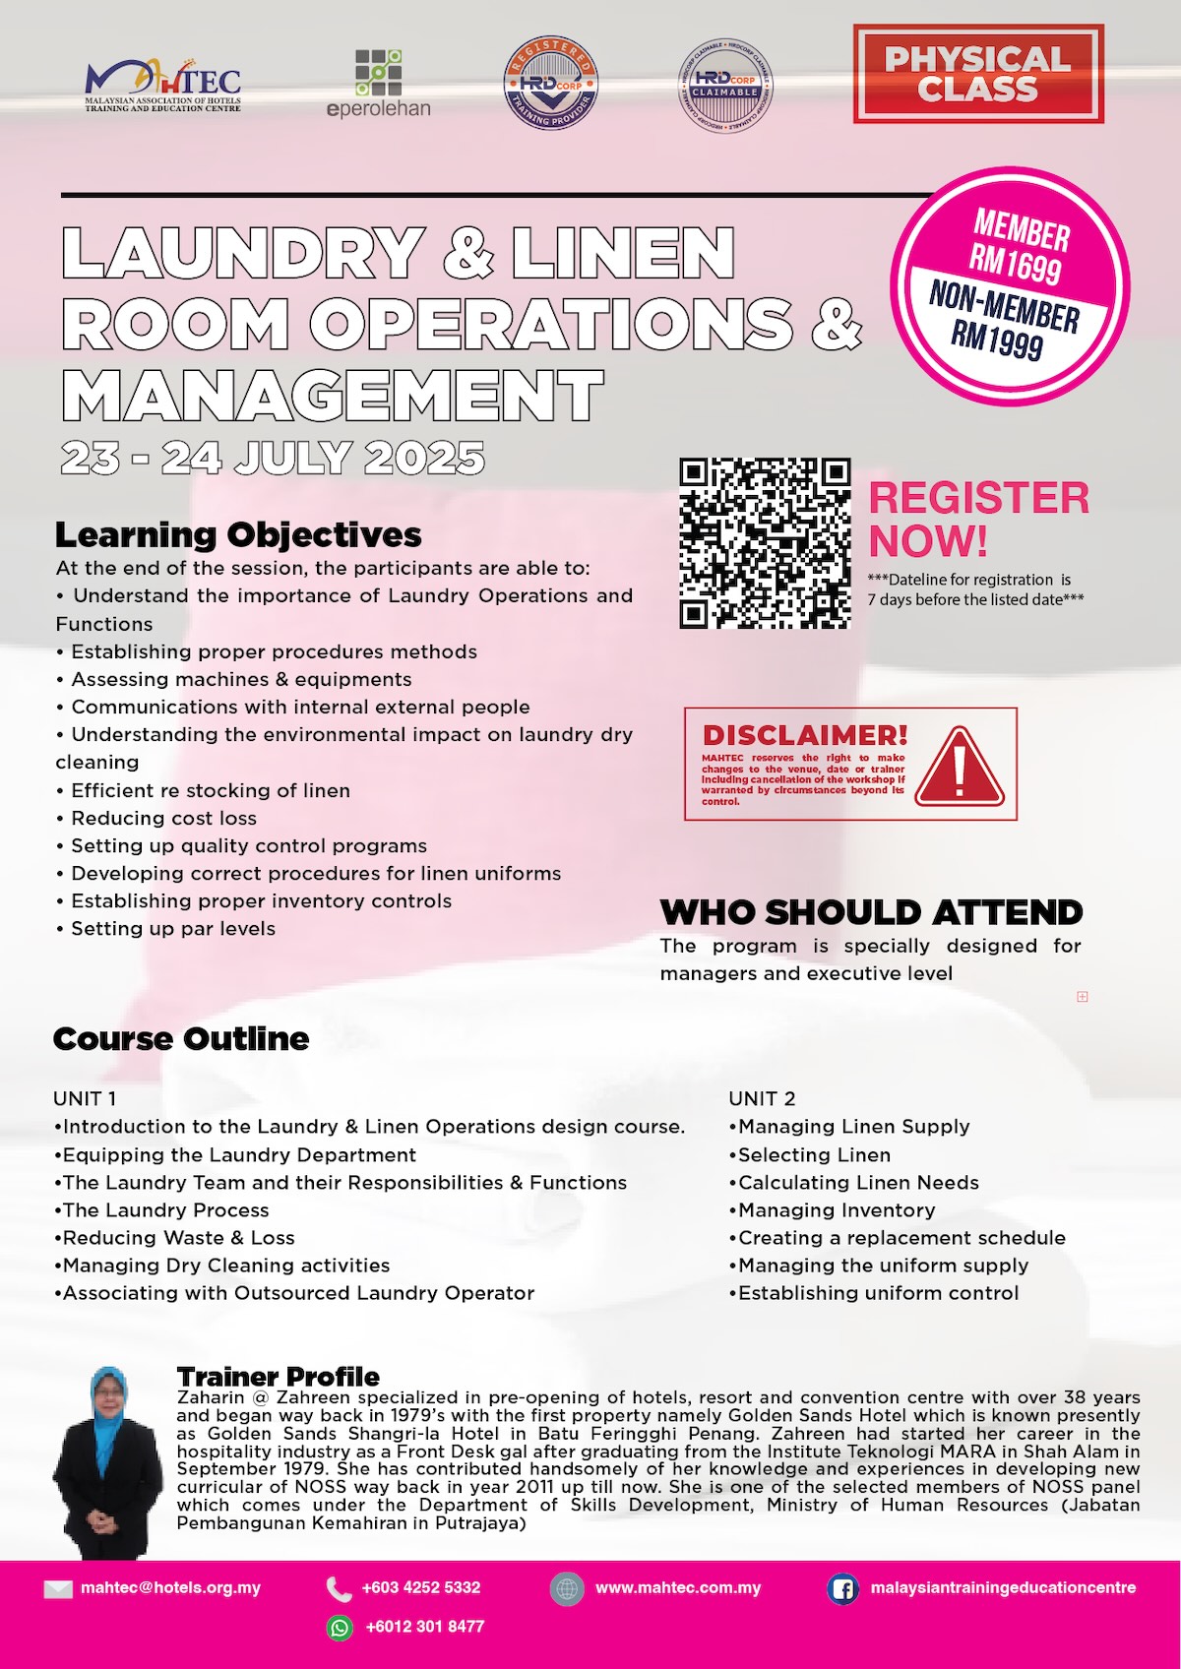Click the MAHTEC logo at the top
(163, 85)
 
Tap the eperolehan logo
(379, 83)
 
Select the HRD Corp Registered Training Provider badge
(551, 85)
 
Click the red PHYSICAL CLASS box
(978, 74)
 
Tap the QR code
(765, 542)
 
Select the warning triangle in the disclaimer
(960, 768)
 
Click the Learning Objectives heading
(238, 534)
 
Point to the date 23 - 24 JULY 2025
(273, 458)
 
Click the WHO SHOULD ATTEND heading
(871, 912)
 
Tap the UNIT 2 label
(762, 1098)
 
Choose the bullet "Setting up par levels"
(173, 928)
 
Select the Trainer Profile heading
(279, 1377)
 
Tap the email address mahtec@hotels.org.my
(170, 1587)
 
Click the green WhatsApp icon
(340, 1628)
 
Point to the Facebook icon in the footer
(842, 1588)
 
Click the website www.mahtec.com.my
(678, 1587)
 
